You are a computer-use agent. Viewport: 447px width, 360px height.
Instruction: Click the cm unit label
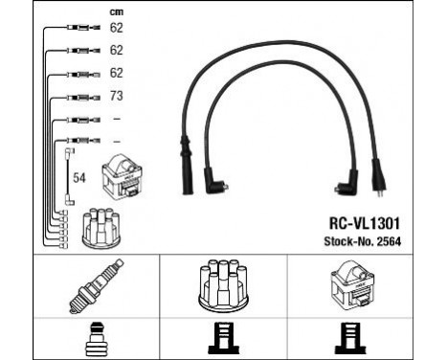pyautogui.click(x=117, y=12)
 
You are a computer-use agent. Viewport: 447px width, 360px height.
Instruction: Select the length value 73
pyautogui.click(x=117, y=97)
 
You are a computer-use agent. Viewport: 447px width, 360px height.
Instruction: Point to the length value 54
pyautogui.click(x=80, y=179)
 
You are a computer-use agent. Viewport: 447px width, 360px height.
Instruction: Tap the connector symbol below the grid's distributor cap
pyautogui.click(x=223, y=340)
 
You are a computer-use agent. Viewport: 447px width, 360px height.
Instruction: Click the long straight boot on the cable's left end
pyautogui.click(x=186, y=153)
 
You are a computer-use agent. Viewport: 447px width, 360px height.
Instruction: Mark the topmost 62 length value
pyautogui.click(x=117, y=29)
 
